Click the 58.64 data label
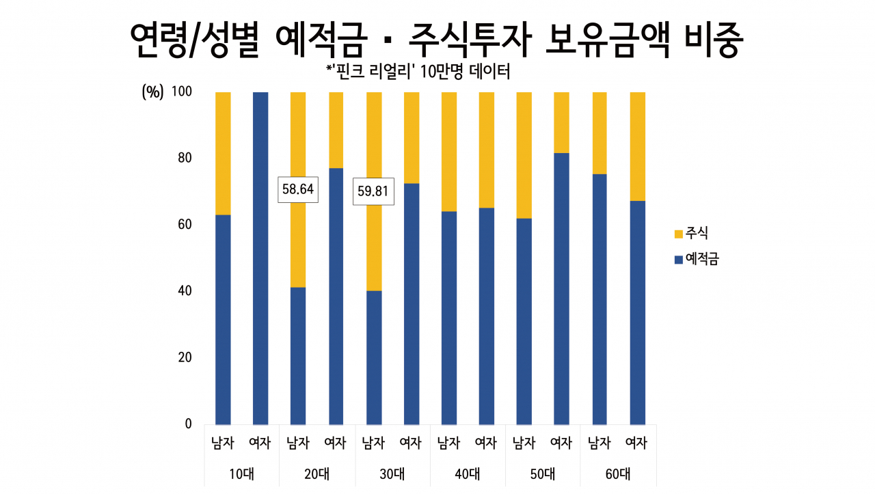(298, 189)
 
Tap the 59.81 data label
(373, 191)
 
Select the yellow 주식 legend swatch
(679, 234)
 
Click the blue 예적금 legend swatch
(679, 260)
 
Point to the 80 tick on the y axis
(185, 158)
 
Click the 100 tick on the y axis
(182, 92)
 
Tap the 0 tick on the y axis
(188, 424)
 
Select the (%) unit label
(152, 92)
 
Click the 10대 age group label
(241, 474)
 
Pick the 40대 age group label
(467, 474)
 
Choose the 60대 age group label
(618, 474)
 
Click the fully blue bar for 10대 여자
(260, 258)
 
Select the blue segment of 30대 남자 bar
(374, 358)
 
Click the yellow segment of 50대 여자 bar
(562, 122)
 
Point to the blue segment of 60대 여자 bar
(638, 313)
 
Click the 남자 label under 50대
(524, 443)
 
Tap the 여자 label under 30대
(411, 443)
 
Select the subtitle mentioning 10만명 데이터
(418, 72)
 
